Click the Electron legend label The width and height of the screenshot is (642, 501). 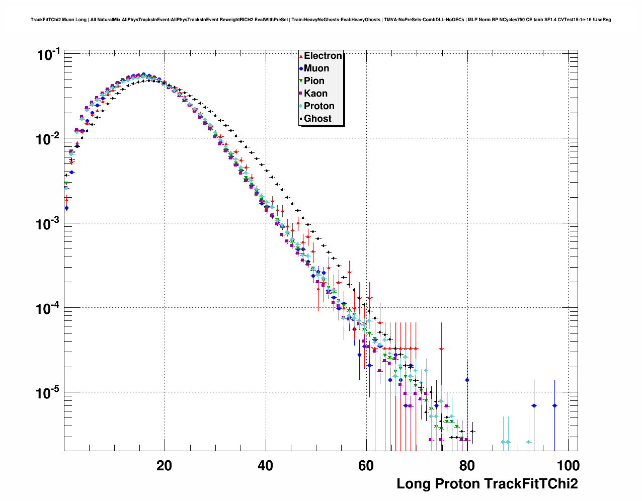tap(323, 56)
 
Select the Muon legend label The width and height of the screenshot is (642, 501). tap(316, 68)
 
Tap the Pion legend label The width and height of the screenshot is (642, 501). tap(314, 81)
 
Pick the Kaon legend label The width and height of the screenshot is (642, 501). tap(315, 94)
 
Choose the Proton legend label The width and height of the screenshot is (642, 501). tap(319, 106)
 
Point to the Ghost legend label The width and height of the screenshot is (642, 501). tap(317, 119)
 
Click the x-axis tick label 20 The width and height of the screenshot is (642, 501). tap(164, 465)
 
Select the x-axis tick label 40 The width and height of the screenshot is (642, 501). tap(265, 465)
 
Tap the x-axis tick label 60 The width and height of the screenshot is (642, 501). tap(366, 465)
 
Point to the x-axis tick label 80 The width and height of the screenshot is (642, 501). tap(467, 465)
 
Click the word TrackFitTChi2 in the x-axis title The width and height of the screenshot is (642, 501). tap(531, 484)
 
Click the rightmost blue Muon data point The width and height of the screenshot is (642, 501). tap(554, 405)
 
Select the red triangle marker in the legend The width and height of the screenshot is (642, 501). tap(301, 56)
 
